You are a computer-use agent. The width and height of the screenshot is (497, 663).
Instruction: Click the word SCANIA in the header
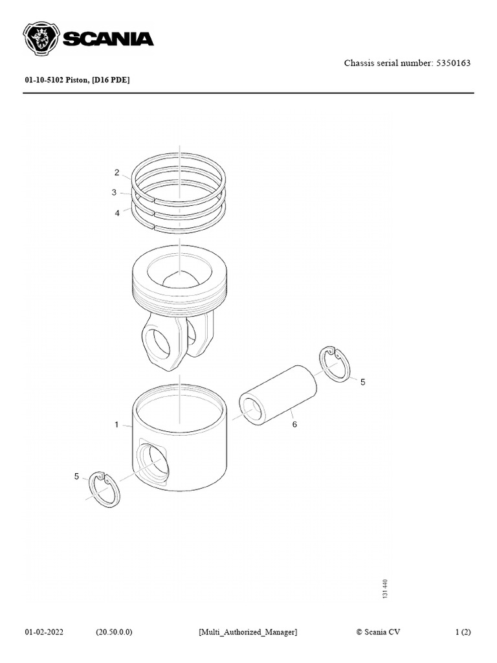(x=107, y=39)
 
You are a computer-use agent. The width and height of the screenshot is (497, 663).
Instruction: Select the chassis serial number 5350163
(x=448, y=63)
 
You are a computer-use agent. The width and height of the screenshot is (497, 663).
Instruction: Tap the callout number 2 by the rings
(x=117, y=172)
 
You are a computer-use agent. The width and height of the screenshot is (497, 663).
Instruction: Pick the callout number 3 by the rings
(x=114, y=192)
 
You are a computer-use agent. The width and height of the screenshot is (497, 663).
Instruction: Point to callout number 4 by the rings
(x=117, y=213)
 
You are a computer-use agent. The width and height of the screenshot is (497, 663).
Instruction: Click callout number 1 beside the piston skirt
(x=117, y=425)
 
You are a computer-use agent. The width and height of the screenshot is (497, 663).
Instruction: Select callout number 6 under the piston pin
(x=294, y=425)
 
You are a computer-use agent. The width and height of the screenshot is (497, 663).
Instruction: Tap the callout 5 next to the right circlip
(x=362, y=382)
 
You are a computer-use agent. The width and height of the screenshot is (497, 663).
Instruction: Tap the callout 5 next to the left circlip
(x=76, y=477)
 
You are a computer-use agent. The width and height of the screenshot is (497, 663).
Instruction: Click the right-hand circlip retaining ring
(x=335, y=364)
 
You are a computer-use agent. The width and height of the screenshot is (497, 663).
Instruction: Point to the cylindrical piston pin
(x=278, y=395)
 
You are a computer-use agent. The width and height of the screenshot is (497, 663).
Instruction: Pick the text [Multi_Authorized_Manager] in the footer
(x=248, y=632)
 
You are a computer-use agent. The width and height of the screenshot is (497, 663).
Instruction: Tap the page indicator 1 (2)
(x=463, y=632)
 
